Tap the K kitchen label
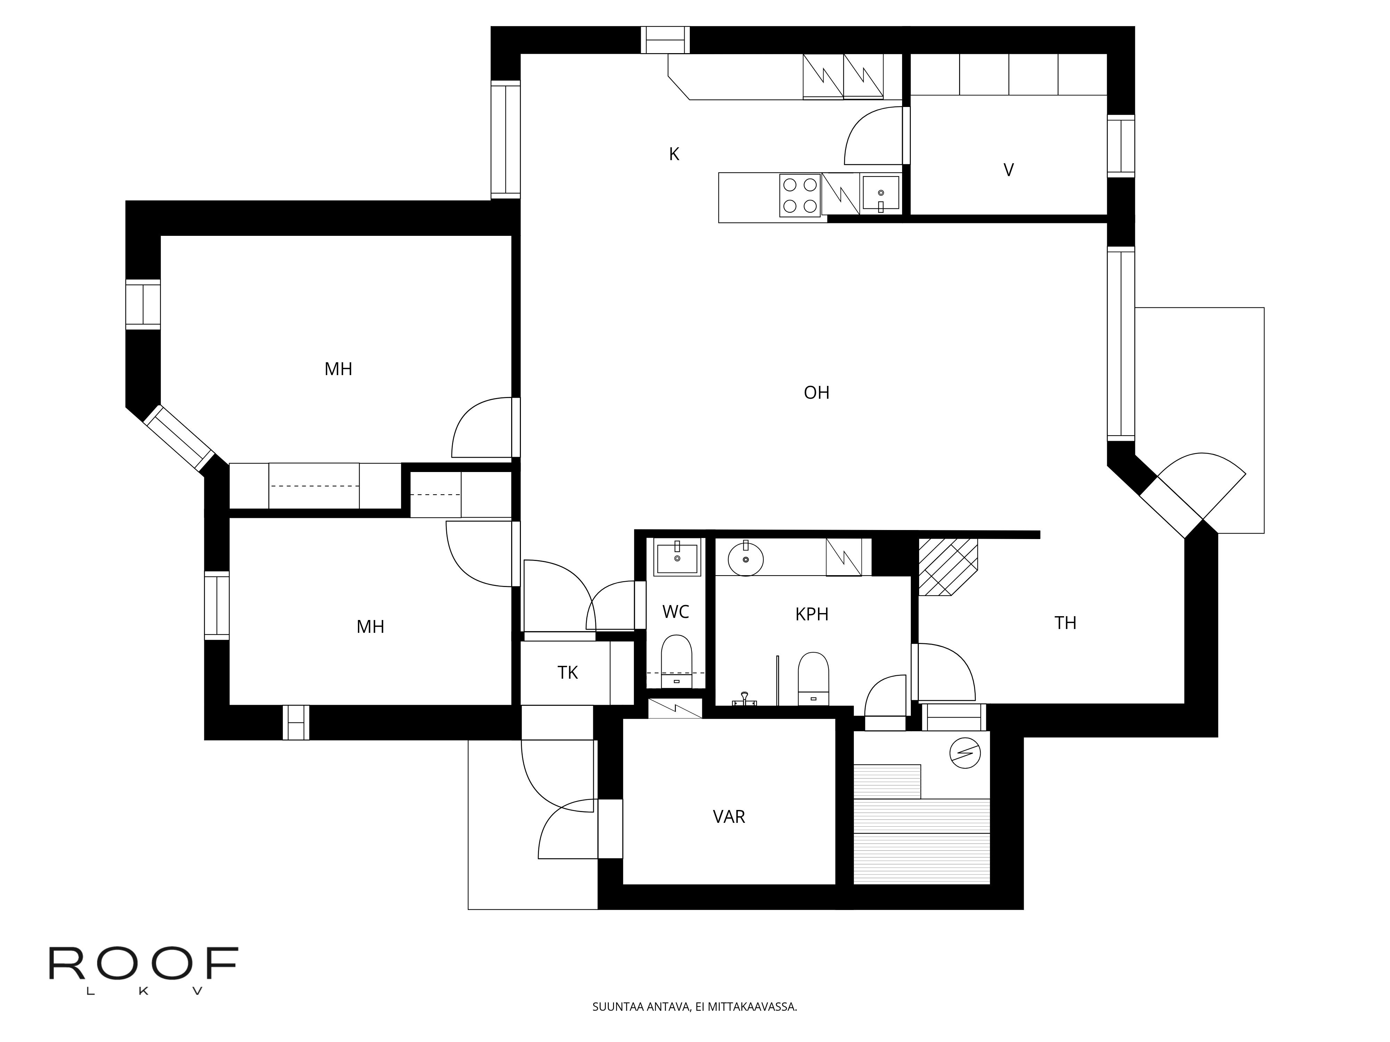[x=674, y=154]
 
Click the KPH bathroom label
[x=812, y=614]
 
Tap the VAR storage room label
[x=729, y=817]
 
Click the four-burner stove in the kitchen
[x=800, y=195]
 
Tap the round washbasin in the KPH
[x=746, y=559]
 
